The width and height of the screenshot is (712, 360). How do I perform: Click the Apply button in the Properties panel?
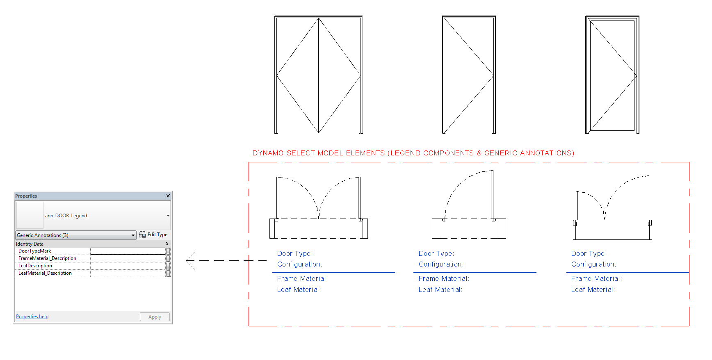155,317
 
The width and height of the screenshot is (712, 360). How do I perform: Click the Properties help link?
32,317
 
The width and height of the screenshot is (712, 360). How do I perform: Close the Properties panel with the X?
168,196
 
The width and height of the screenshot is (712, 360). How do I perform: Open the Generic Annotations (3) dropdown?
133,235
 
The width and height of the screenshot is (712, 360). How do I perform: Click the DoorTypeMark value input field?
128,251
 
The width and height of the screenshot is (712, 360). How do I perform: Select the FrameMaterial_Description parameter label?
47,258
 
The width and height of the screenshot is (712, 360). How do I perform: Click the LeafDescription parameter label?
35,266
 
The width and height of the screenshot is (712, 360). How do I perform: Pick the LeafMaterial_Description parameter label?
45,273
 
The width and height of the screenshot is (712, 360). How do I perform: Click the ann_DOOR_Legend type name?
66,216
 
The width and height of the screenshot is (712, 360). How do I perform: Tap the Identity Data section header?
30,244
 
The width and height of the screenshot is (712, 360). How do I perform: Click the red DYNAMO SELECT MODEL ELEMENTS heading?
413,153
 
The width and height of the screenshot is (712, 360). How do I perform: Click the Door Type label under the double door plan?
294,254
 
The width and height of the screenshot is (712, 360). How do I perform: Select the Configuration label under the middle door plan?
440,264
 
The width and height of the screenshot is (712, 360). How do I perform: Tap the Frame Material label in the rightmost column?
596,279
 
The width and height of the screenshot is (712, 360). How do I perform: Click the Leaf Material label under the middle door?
440,290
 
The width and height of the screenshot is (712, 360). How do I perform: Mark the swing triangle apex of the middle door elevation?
493,76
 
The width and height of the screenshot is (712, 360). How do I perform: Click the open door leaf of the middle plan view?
492,195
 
